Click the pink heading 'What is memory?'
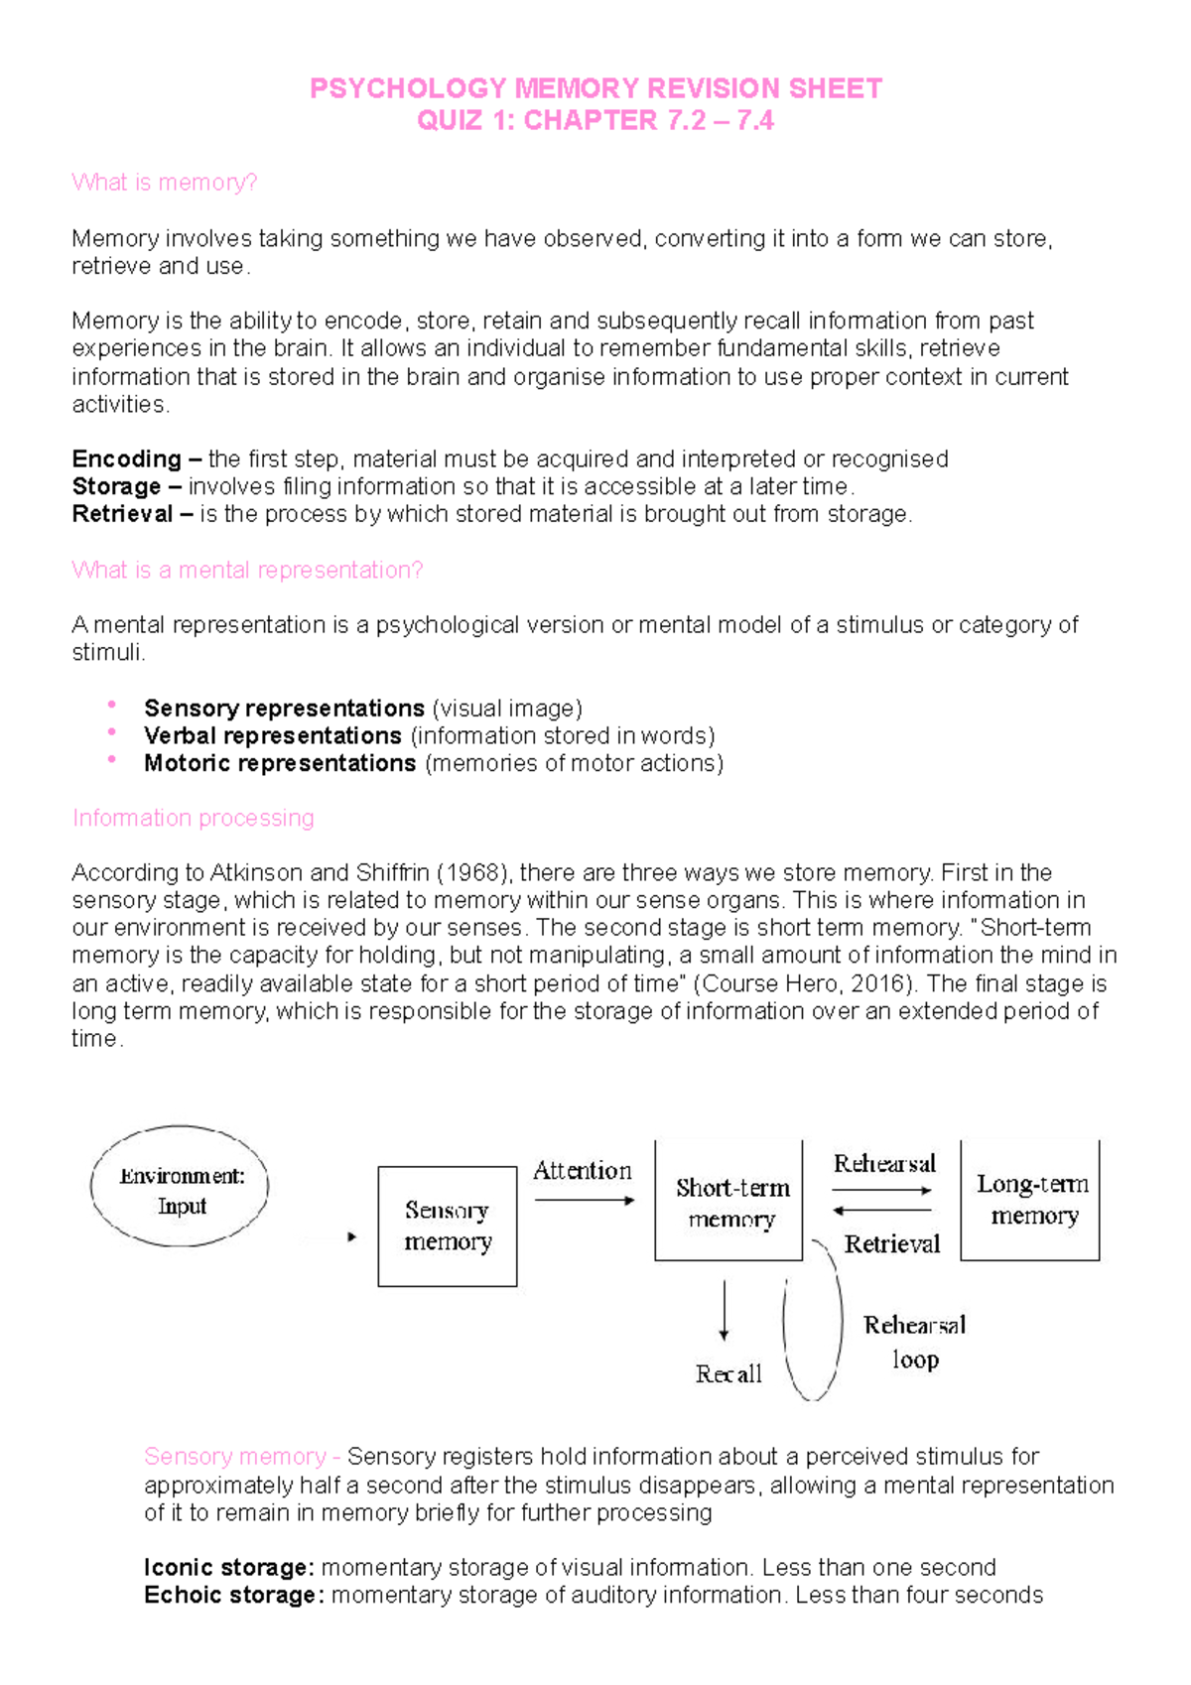[165, 183]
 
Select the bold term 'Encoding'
[126, 459]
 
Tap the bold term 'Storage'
[116, 487]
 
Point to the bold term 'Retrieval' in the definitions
[122, 514]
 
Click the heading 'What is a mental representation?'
[247, 571]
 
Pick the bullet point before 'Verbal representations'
[112, 732]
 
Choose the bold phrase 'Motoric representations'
[279, 763]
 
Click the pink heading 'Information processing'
[193, 819]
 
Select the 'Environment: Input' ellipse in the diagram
[180, 1187]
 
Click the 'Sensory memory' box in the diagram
[447, 1227]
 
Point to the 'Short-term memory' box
[728, 1202]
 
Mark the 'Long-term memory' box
[1030, 1200]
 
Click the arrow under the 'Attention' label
[585, 1201]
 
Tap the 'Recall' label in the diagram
[728, 1374]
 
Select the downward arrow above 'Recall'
[725, 1311]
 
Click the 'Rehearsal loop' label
[913, 1342]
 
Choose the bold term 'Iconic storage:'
[228, 1568]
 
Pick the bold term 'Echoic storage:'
[233, 1596]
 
